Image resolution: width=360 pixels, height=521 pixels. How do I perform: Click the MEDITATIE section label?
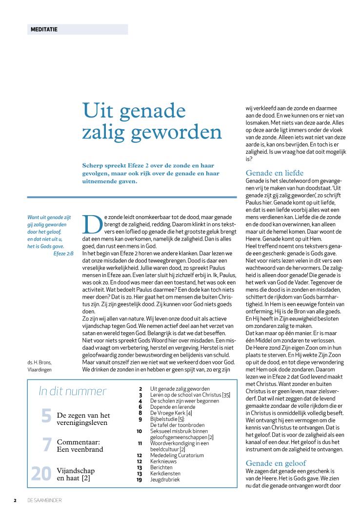point(44,29)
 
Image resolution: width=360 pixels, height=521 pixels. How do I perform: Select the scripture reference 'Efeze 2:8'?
point(63,253)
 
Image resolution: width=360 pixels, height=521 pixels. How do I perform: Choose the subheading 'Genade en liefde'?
point(275,173)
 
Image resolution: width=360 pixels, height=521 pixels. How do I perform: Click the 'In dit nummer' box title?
point(72,391)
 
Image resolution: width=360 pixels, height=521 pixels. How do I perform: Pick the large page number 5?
point(46,416)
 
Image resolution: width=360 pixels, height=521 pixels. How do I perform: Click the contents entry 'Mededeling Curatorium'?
point(177,455)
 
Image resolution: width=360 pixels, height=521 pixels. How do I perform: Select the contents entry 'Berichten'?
point(161,467)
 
